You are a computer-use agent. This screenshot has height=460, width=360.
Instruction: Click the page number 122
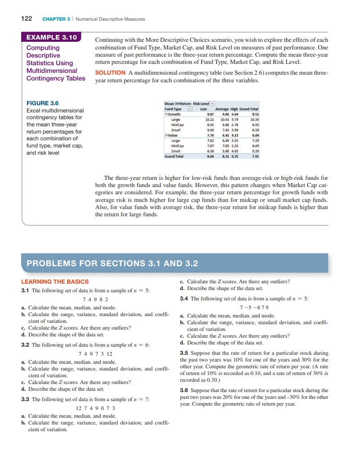tap(26, 19)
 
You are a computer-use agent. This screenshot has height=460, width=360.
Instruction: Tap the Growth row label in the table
tap(174, 114)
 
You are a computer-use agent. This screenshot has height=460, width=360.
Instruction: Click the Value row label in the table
tap(172, 135)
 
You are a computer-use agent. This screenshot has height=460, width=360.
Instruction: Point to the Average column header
tap(222, 109)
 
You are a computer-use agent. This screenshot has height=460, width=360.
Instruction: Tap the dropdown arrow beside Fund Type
tap(190, 109)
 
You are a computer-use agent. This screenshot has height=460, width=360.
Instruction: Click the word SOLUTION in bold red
tap(110, 73)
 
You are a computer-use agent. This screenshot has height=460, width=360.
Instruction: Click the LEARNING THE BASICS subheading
tap(55, 281)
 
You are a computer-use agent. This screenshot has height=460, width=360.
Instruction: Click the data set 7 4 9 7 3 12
tap(96, 353)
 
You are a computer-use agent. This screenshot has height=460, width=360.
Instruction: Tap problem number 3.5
tap(184, 353)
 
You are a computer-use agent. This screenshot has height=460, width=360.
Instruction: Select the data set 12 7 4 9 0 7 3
tap(96, 408)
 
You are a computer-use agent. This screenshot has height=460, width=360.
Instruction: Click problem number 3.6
tap(184, 390)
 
